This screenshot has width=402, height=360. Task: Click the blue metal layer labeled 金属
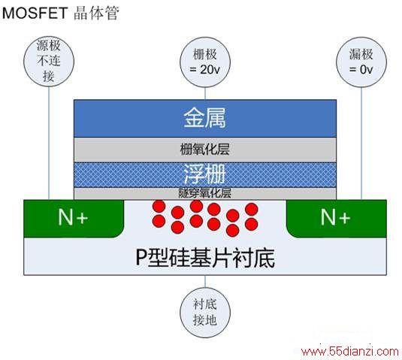pos(205,119)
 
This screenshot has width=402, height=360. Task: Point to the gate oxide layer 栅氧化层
pos(205,150)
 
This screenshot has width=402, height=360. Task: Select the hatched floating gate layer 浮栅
pos(205,174)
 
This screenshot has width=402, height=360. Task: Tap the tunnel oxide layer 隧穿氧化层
pos(205,193)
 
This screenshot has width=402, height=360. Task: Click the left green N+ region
pos(74,219)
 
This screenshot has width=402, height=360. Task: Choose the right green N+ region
pos(337,219)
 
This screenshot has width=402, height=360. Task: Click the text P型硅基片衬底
pos(205,258)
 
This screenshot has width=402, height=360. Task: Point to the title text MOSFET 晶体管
pos(61,13)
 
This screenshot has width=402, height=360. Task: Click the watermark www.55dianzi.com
pos(350,351)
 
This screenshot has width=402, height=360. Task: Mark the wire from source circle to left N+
pos(49,143)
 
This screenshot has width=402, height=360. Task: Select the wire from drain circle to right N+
pos(361,144)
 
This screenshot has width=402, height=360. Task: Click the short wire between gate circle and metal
pos(205,94)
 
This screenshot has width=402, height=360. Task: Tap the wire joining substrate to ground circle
pos(205,281)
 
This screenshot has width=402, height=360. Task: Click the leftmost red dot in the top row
pos(159,207)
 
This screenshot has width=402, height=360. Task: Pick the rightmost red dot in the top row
pos(252,209)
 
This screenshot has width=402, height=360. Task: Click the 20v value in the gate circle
pos(210,70)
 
